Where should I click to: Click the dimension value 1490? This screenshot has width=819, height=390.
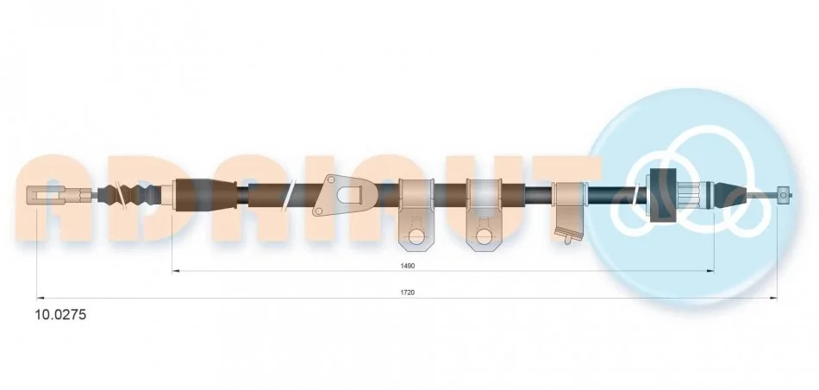pos(408,266)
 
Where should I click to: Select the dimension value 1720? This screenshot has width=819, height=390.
pos(408,292)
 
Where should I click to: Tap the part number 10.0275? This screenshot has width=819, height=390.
pos(60,315)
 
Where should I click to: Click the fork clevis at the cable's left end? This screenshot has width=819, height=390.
pos(46,195)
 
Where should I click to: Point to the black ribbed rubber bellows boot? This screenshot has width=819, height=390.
pos(129,196)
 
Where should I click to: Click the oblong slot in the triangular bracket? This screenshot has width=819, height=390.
pos(349,195)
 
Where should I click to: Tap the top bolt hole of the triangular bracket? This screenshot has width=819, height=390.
pos(331,180)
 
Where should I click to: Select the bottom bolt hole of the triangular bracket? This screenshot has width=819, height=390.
pos(318,211)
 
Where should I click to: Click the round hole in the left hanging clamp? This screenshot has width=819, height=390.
pos(416,236)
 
